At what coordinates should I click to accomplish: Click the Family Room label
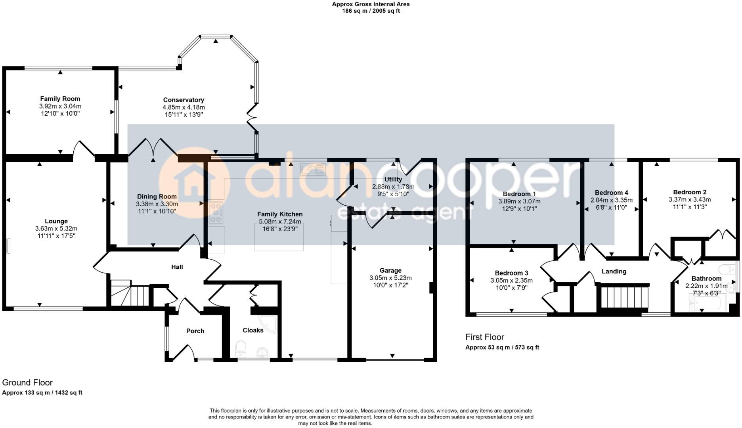[60, 99]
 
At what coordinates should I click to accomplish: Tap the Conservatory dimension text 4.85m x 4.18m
[184, 107]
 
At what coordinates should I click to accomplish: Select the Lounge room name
[56, 221]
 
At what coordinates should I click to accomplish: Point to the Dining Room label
[157, 197]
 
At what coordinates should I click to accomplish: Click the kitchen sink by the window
[313, 170]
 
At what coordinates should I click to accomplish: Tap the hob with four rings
[216, 212]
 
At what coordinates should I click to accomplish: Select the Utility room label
[393, 180]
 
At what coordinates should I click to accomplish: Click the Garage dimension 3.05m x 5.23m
[390, 278]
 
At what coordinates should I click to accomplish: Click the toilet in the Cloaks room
[241, 349]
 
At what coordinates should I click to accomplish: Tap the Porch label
[195, 331]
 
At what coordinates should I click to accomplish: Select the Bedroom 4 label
[611, 193]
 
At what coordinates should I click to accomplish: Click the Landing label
[614, 271]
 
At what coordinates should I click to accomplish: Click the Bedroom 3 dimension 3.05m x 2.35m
[511, 280]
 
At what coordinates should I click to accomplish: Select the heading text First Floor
[484, 337]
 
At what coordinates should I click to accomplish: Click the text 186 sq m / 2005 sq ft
[371, 11]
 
